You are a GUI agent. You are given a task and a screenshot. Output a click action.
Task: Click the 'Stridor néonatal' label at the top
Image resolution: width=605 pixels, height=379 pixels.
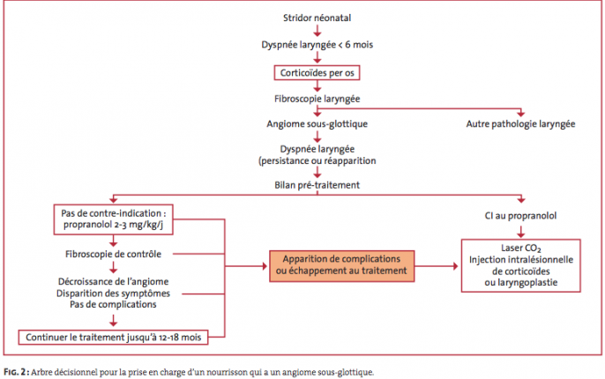tap(317, 18)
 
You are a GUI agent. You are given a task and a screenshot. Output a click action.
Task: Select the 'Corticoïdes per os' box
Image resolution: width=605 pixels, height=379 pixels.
tap(317, 73)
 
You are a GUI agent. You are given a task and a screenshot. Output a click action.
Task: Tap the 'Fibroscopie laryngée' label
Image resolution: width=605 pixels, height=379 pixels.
tap(317, 99)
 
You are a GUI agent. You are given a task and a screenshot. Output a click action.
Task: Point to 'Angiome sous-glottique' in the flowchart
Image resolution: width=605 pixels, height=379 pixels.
tap(317, 123)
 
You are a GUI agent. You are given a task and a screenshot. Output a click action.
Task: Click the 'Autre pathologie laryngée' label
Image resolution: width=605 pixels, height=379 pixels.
tap(520, 123)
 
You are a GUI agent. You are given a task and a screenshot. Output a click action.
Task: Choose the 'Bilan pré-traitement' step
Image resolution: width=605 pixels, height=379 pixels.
tap(317, 185)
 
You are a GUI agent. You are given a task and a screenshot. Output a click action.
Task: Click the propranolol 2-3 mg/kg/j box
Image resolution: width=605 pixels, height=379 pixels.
tap(114, 219)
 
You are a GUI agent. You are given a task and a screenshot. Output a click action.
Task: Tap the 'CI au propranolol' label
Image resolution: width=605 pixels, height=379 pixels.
tap(520, 216)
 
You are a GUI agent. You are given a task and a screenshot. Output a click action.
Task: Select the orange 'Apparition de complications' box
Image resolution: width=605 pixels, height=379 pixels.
tap(342, 266)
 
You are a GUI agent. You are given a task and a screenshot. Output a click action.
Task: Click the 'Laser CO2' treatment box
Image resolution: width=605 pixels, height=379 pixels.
tap(521, 265)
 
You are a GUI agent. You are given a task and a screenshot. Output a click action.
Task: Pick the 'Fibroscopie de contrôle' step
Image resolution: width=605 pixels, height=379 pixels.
tap(113, 254)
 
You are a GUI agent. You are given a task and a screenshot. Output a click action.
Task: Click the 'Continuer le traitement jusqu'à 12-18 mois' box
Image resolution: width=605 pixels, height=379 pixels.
tap(114, 338)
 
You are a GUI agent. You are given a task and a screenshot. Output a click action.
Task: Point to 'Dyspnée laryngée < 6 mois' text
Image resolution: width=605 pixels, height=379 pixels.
tap(317, 45)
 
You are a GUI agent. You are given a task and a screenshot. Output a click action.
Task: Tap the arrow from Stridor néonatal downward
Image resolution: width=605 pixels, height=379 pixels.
tap(317, 31)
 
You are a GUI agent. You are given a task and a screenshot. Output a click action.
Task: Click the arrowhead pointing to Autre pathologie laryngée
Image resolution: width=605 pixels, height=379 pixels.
tap(521, 114)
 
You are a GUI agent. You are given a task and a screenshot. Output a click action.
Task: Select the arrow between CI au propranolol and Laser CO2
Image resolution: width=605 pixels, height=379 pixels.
tap(521, 231)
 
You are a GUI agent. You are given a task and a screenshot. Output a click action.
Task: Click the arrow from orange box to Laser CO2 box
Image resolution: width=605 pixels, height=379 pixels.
tap(437, 266)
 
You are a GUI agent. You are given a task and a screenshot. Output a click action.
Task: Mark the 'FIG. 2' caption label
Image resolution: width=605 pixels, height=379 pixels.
tap(16, 372)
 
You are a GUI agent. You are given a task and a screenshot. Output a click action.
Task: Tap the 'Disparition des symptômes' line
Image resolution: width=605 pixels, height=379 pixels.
tap(113, 294)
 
